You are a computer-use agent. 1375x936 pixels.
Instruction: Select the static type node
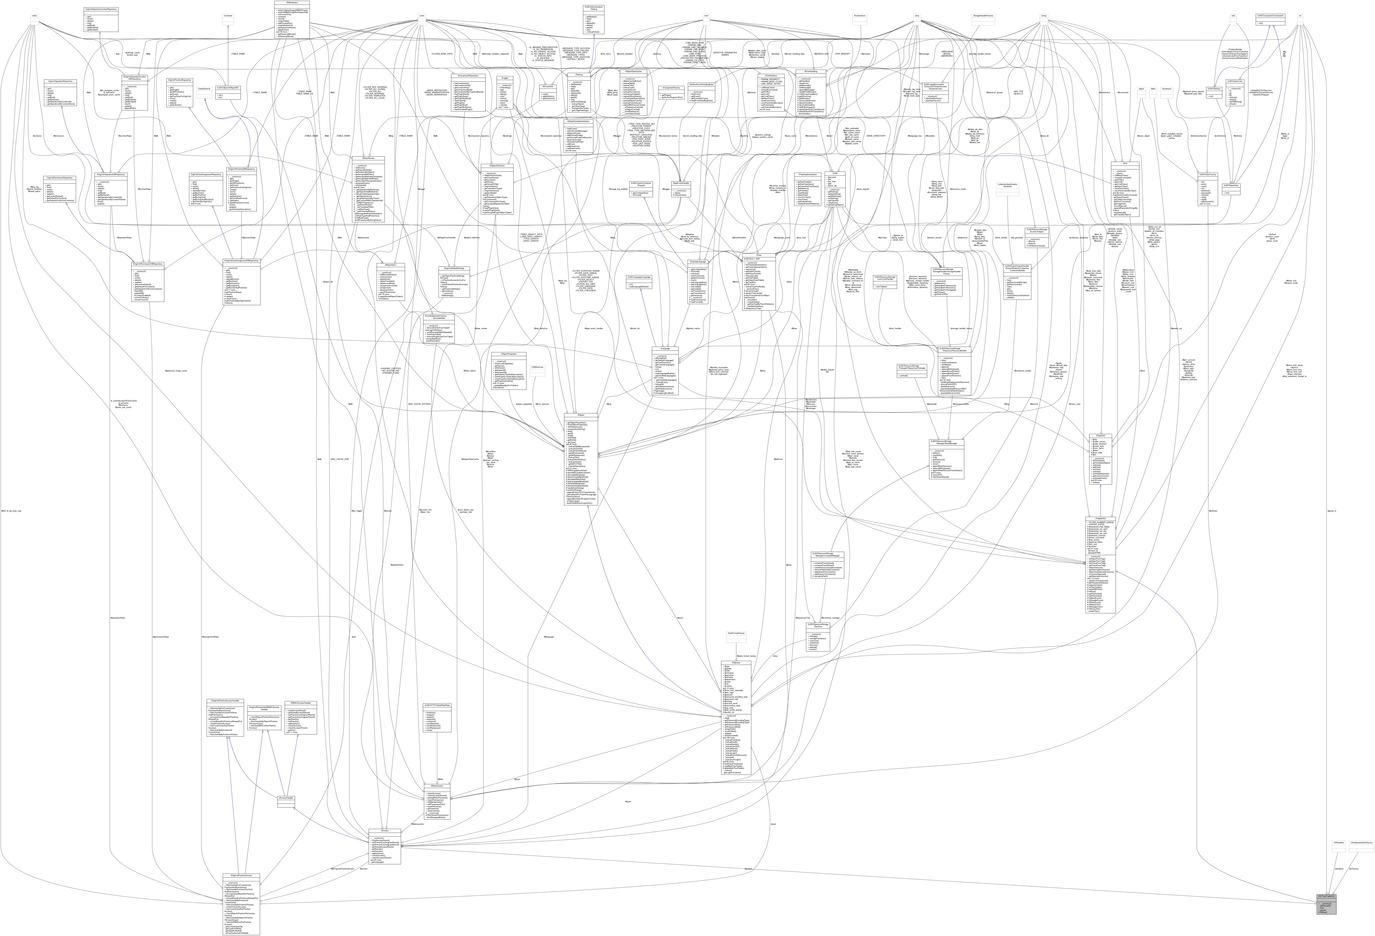[x=34, y=16]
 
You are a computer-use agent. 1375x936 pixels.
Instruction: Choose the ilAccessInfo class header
[x=547, y=86]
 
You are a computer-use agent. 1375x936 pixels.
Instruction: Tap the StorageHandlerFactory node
[x=983, y=16]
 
